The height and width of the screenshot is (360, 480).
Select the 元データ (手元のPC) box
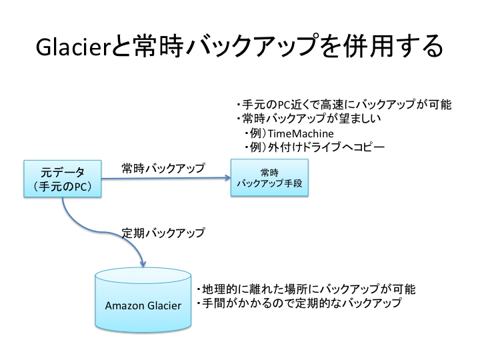[x=63, y=179]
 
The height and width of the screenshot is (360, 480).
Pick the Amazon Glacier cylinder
[x=143, y=301]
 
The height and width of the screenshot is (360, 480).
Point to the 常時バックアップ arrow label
[x=163, y=168]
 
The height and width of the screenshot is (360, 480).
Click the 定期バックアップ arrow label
[x=163, y=233]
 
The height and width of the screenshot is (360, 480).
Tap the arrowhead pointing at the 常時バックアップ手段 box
[x=226, y=178]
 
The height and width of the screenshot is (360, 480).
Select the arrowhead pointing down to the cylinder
[x=142, y=263]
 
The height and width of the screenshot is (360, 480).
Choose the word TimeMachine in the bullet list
[x=301, y=133]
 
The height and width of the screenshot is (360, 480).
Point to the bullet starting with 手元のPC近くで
[x=344, y=105]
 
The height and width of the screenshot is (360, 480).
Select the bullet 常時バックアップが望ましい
[x=308, y=119]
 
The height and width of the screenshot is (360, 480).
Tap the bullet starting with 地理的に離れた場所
[x=306, y=289]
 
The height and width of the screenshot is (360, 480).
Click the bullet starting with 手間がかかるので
[x=299, y=304]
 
